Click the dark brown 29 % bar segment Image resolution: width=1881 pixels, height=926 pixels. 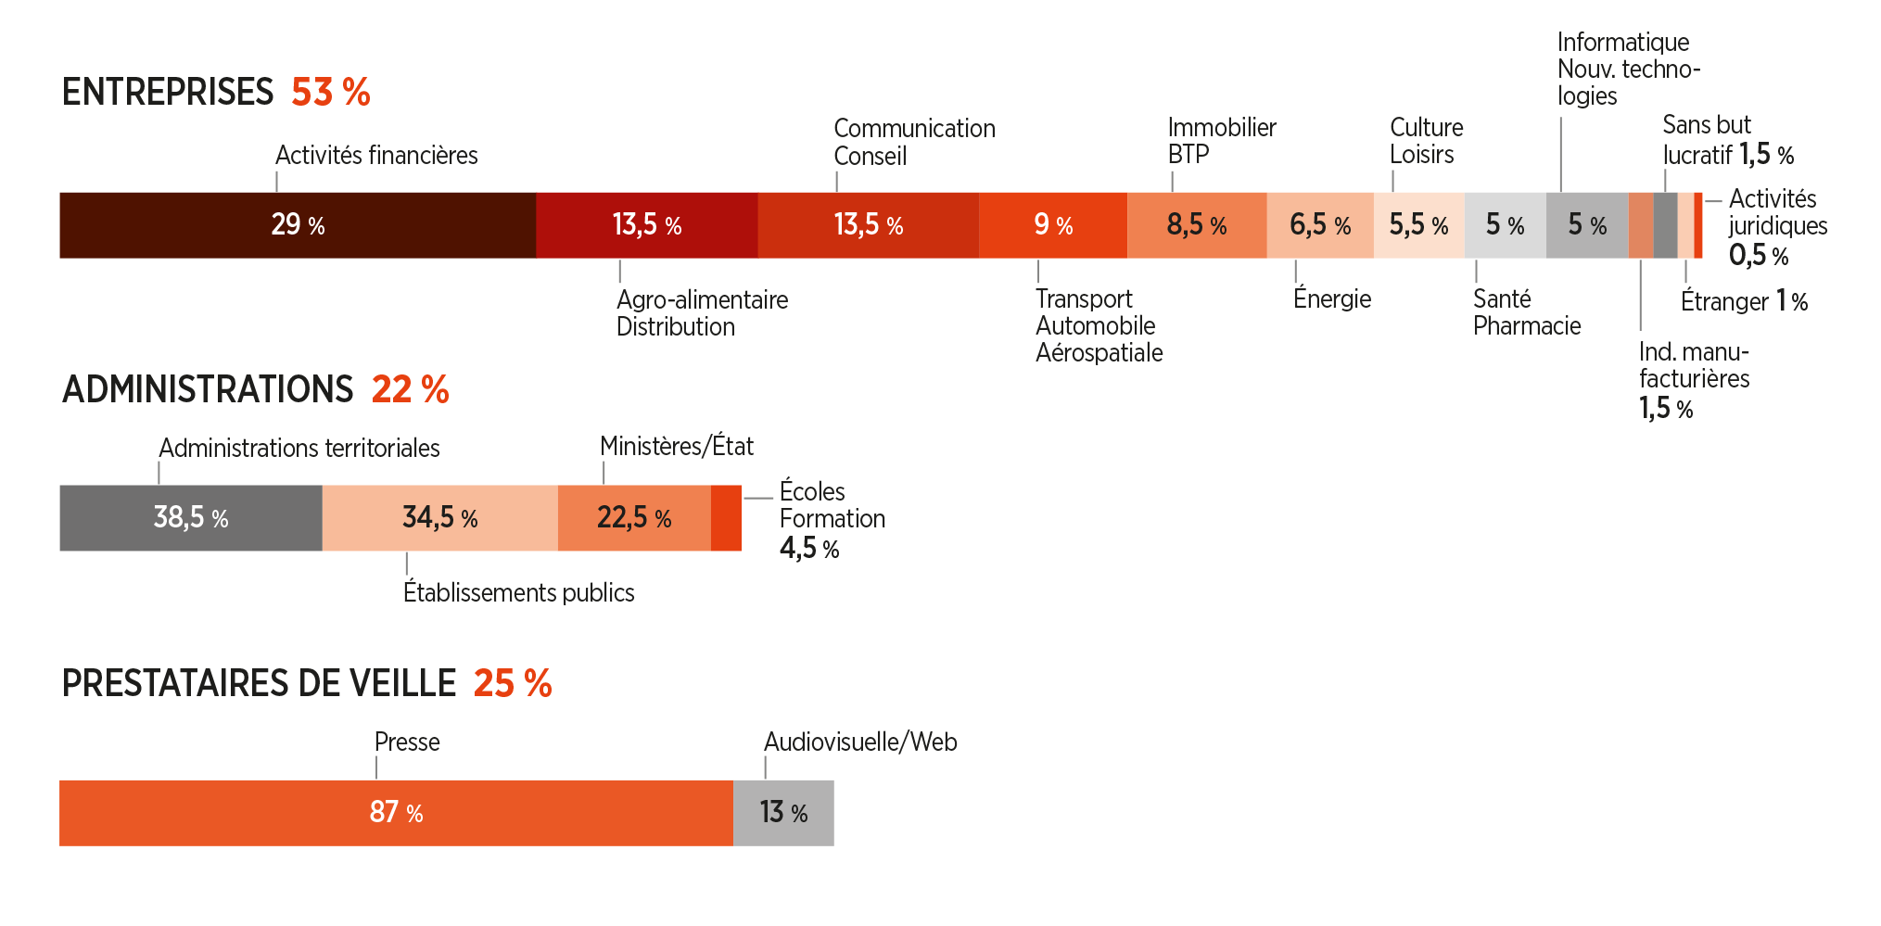(298, 225)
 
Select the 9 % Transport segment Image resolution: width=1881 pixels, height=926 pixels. (1053, 225)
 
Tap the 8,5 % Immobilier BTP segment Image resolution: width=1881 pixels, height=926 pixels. (1197, 225)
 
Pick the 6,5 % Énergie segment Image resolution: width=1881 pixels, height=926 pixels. (1320, 225)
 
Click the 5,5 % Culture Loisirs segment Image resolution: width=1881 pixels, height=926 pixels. (1419, 225)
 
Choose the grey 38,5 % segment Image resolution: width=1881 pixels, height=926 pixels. (191, 518)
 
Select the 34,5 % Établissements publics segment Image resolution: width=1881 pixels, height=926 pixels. (440, 518)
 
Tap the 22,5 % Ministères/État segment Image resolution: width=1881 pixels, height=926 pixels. (634, 518)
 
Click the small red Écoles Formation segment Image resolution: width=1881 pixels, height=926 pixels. (726, 518)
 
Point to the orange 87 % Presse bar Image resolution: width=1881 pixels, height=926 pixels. (397, 813)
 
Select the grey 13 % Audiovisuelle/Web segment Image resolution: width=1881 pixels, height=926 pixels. (783, 813)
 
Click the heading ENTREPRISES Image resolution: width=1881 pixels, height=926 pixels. (168, 93)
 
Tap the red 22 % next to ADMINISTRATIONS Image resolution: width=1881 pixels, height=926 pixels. (410, 390)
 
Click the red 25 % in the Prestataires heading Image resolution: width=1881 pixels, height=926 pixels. (513, 684)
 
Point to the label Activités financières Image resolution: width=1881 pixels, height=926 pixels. (376, 155)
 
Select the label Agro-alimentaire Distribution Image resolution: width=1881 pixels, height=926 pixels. (703, 313)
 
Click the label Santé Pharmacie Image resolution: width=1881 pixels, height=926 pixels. (1527, 312)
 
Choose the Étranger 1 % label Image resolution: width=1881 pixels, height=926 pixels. (1744, 301)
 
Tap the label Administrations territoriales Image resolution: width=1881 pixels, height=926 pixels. (299, 448)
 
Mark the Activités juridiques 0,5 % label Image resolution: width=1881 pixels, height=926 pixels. (1778, 227)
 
